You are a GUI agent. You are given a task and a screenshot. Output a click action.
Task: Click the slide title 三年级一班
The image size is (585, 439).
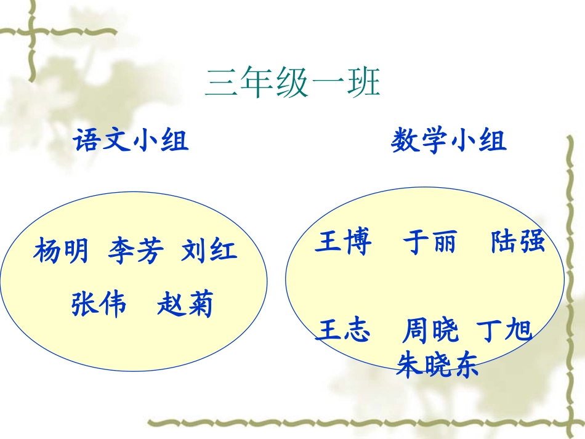point(292,84)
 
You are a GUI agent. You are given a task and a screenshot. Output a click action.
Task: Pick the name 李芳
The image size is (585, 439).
point(136,251)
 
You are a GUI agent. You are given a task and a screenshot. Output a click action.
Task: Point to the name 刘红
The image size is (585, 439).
point(209,251)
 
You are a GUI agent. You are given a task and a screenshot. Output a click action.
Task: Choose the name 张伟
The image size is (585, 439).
point(99,304)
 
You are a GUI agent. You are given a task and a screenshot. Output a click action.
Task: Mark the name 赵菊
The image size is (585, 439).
point(185,304)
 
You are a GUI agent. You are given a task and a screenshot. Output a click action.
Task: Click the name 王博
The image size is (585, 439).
point(343,243)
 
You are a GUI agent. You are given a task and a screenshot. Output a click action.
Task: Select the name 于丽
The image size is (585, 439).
point(430,243)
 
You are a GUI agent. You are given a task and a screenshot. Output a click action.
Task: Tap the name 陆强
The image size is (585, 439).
point(518,242)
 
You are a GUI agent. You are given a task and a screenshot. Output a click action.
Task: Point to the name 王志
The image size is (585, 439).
point(343,331)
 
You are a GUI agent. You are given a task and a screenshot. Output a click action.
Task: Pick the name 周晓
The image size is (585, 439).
point(430,331)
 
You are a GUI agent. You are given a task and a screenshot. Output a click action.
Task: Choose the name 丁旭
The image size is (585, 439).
point(505,331)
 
